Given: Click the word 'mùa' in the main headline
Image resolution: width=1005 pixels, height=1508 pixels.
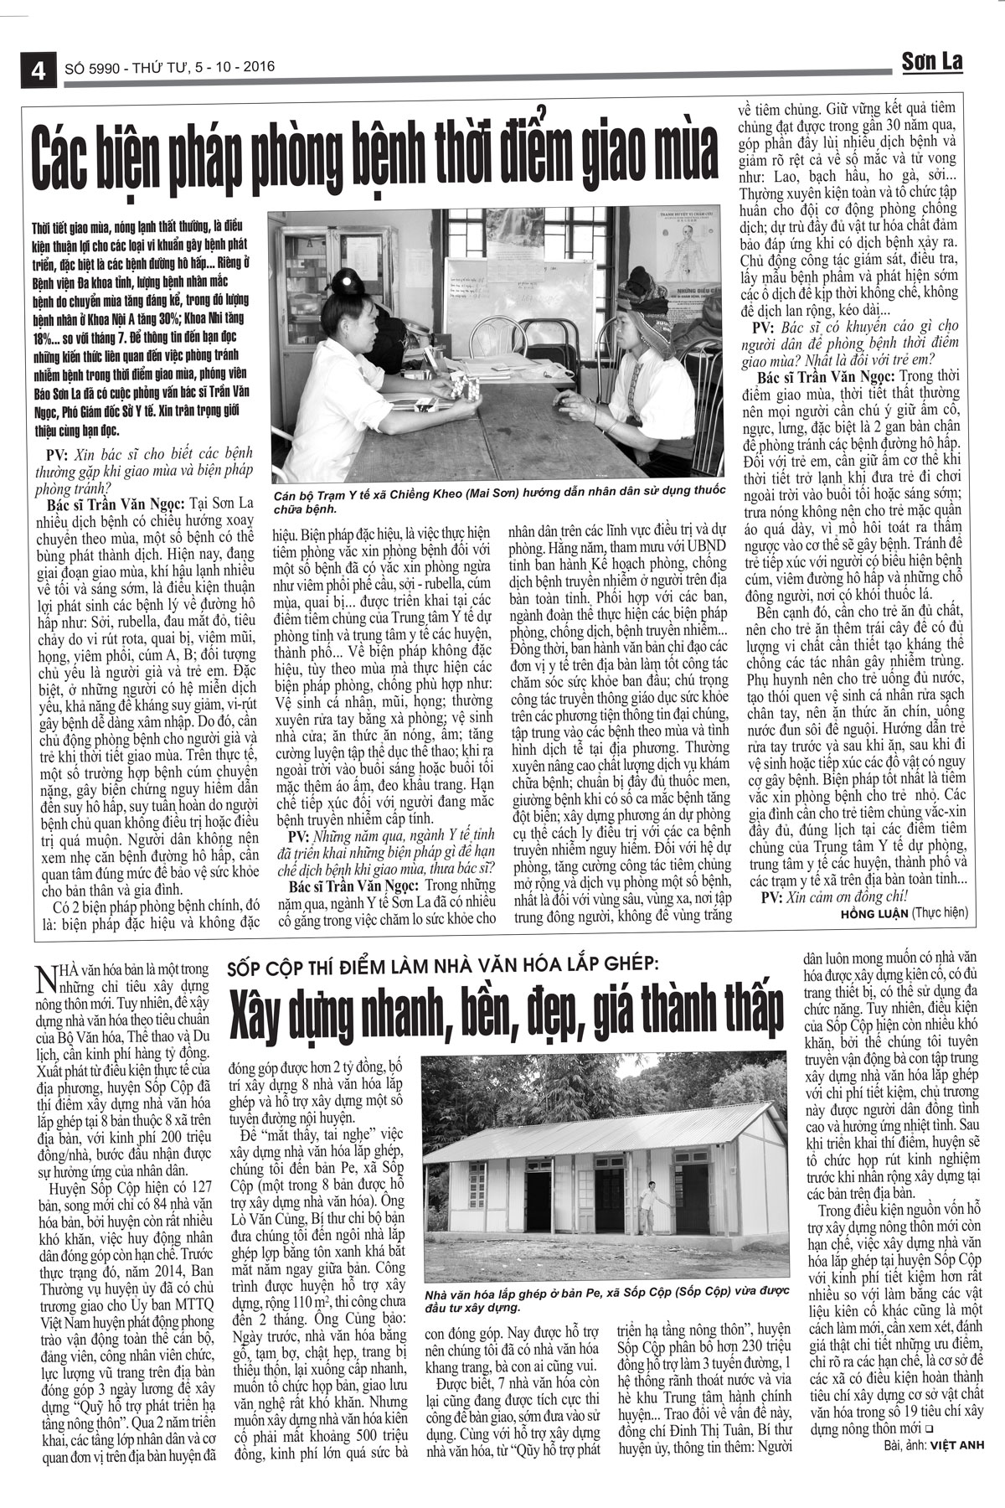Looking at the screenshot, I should [678, 152].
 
